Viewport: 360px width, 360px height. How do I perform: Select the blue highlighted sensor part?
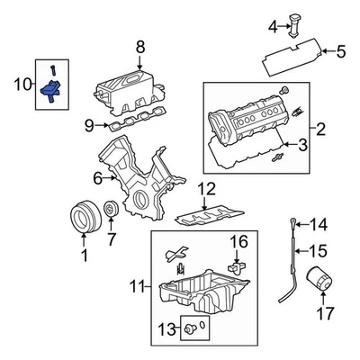[53, 88]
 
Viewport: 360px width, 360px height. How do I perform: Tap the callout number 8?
[139, 46]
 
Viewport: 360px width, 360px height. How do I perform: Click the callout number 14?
[319, 223]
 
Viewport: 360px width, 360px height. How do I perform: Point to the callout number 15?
[319, 250]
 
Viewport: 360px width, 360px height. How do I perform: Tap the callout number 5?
[341, 51]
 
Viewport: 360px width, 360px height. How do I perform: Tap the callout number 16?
[238, 241]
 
